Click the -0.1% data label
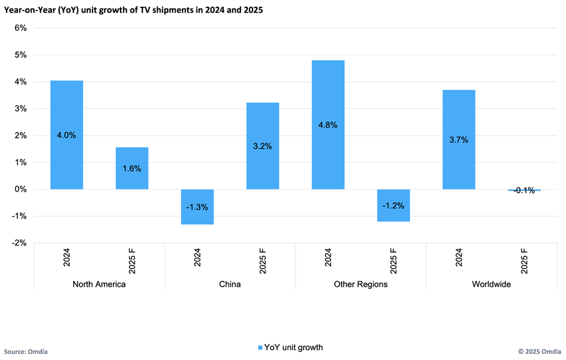524,191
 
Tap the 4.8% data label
328,124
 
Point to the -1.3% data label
197,207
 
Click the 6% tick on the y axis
19,28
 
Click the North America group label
99,284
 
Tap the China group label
230,284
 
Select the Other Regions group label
360,284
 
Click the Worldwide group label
491,284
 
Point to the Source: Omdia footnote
26,351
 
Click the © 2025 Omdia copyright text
539,351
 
